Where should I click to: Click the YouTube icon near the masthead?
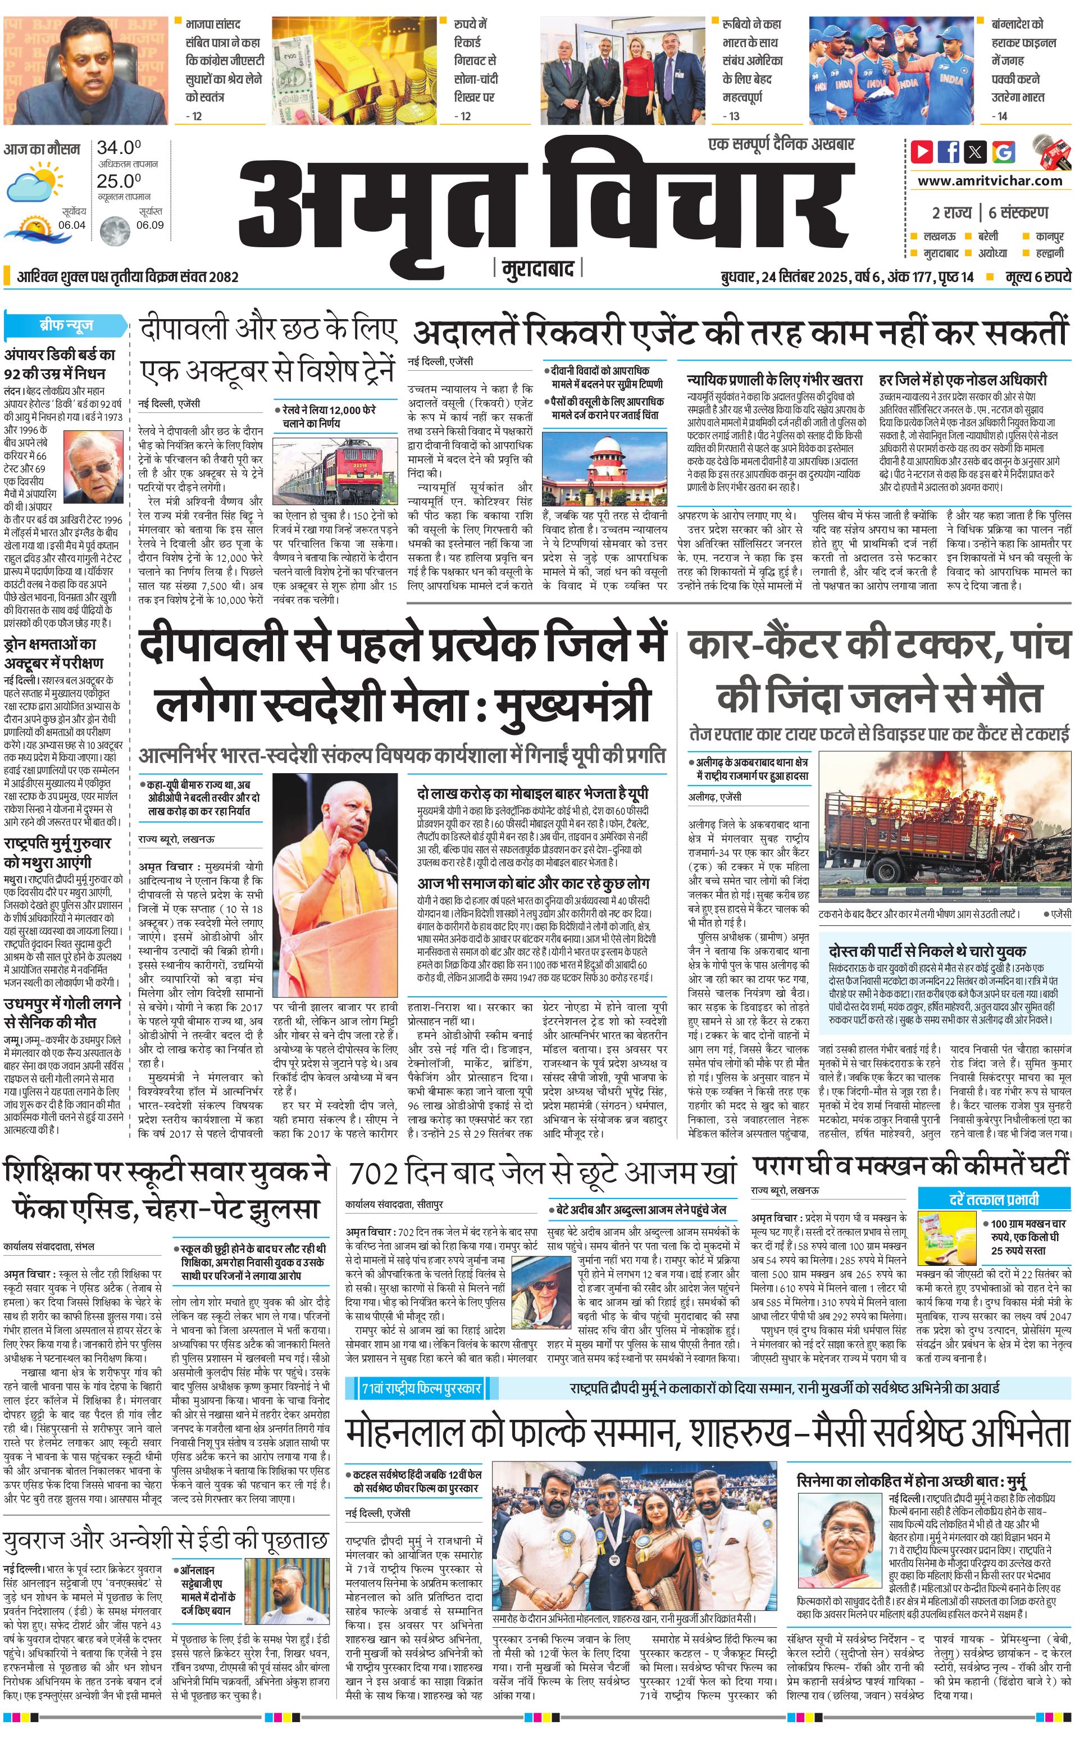tap(922, 152)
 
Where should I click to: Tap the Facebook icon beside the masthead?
tap(949, 152)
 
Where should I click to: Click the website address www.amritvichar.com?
tap(990, 181)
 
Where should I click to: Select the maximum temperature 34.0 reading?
tap(119, 148)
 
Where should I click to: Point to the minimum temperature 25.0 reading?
tap(119, 181)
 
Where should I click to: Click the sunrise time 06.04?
tap(72, 225)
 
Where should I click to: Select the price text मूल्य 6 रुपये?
tap(1037, 276)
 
